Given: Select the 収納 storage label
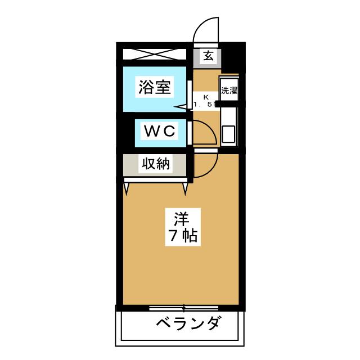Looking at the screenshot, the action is (x=155, y=164).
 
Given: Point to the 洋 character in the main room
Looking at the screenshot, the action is (x=180, y=217).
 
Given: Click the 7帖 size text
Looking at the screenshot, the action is (x=180, y=236).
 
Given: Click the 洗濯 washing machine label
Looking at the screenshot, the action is (x=228, y=90).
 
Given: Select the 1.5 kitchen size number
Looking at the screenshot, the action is (x=202, y=105).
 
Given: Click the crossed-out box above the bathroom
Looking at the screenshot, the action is (x=153, y=55).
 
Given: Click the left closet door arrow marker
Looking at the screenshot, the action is (x=127, y=188).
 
